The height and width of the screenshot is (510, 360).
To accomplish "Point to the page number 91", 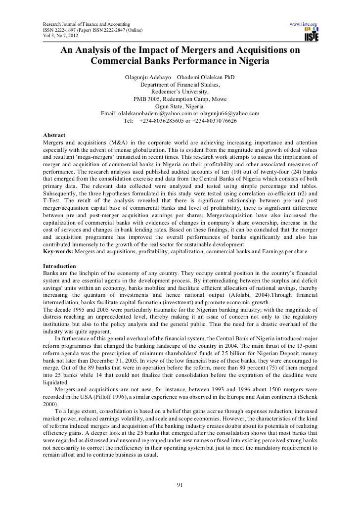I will [180, 484].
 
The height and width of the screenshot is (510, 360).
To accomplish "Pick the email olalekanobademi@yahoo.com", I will [153, 113].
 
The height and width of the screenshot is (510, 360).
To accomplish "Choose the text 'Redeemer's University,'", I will [180, 92].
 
